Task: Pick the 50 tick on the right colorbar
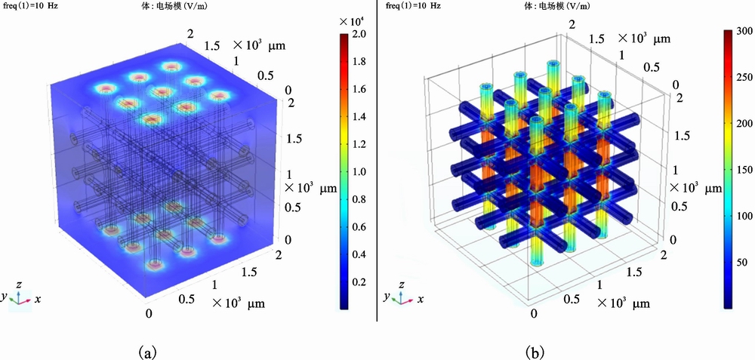pyautogui.click(x=744, y=261)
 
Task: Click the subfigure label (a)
pyautogui.click(x=147, y=351)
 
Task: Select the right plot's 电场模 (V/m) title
pyautogui.click(x=559, y=7)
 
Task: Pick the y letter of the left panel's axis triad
pyautogui.click(x=5, y=297)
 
